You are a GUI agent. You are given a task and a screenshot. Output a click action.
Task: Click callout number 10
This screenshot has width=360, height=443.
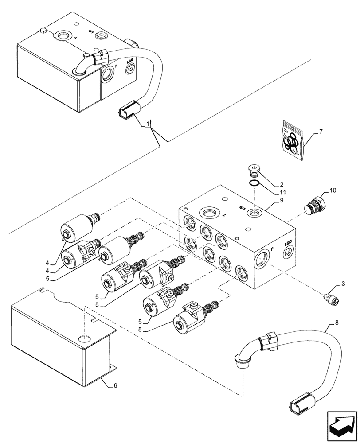333,190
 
